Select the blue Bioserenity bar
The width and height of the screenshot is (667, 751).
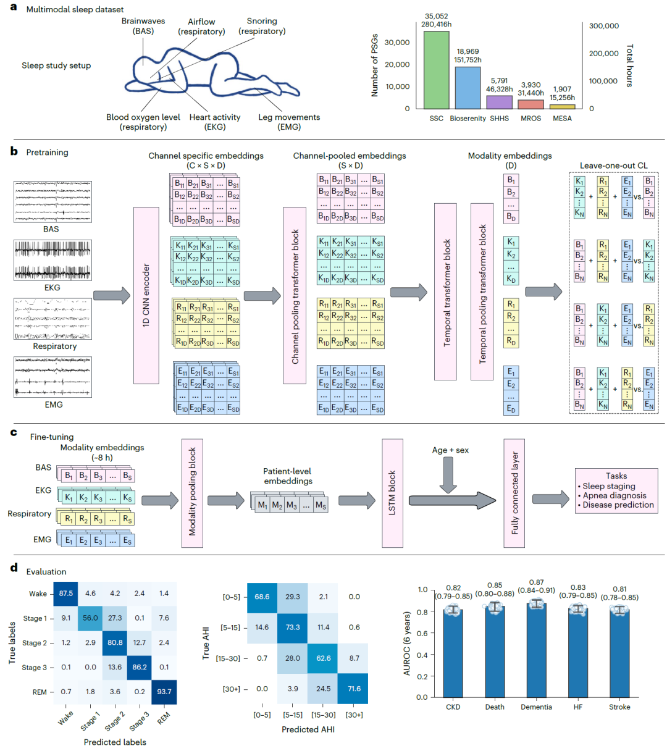(468, 88)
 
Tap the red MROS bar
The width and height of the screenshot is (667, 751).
(531, 104)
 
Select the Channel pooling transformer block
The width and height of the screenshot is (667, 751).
(295, 295)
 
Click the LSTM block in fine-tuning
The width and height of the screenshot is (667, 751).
(392, 493)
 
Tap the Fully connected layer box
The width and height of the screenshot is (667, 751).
(514, 493)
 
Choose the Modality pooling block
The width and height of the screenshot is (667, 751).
(192, 493)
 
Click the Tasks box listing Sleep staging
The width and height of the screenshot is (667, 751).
(616, 491)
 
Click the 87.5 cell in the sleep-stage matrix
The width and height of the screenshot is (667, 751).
(65, 594)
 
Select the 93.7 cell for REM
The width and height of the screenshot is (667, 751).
(164, 692)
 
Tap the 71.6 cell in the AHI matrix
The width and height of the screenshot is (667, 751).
(354, 689)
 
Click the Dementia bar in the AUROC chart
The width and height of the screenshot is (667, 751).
(536, 651)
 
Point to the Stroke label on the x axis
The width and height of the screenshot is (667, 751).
(619, 707)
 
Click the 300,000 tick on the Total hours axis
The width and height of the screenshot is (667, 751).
(604, 26)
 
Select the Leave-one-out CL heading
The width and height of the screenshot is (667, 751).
(613, 166)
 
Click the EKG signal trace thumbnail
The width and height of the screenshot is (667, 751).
(52, 260)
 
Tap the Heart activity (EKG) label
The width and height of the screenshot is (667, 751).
(215, 122)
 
